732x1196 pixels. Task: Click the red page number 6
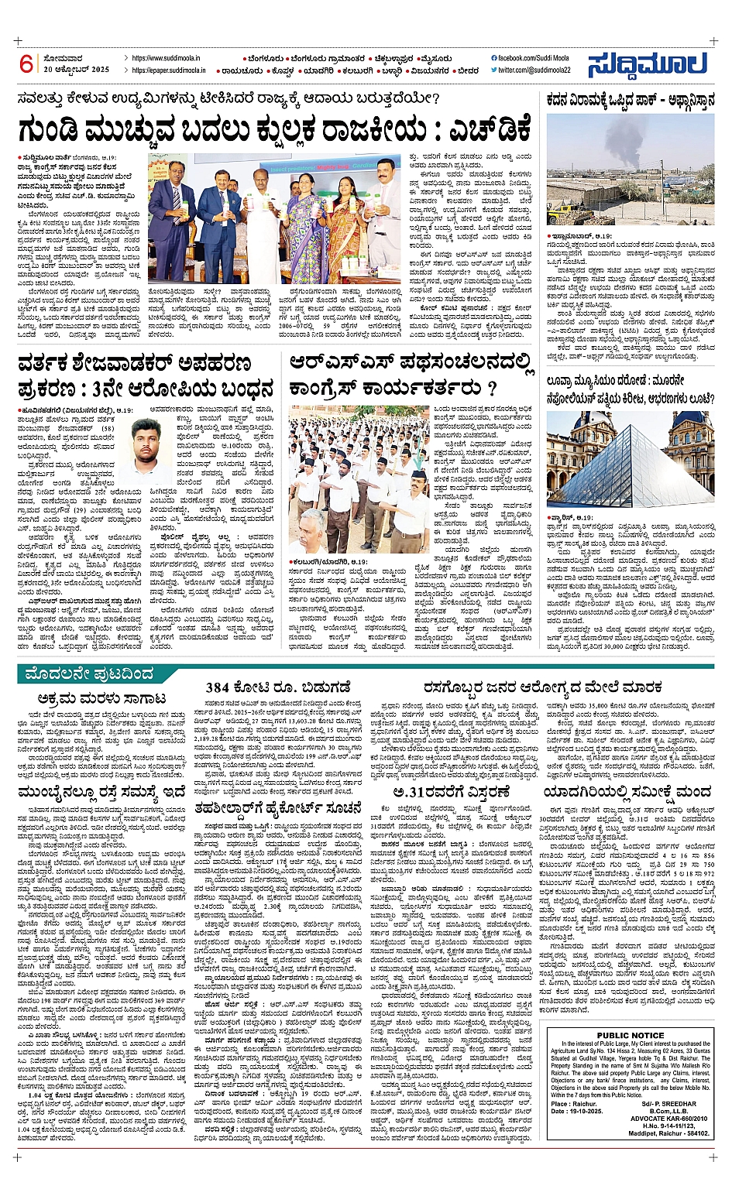click(26, 64)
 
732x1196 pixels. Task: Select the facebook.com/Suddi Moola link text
click(534, 58)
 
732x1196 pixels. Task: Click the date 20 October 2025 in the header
click(77, 70)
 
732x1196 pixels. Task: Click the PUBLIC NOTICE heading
click(631, 1036)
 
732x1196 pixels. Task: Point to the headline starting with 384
click(278, 687)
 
